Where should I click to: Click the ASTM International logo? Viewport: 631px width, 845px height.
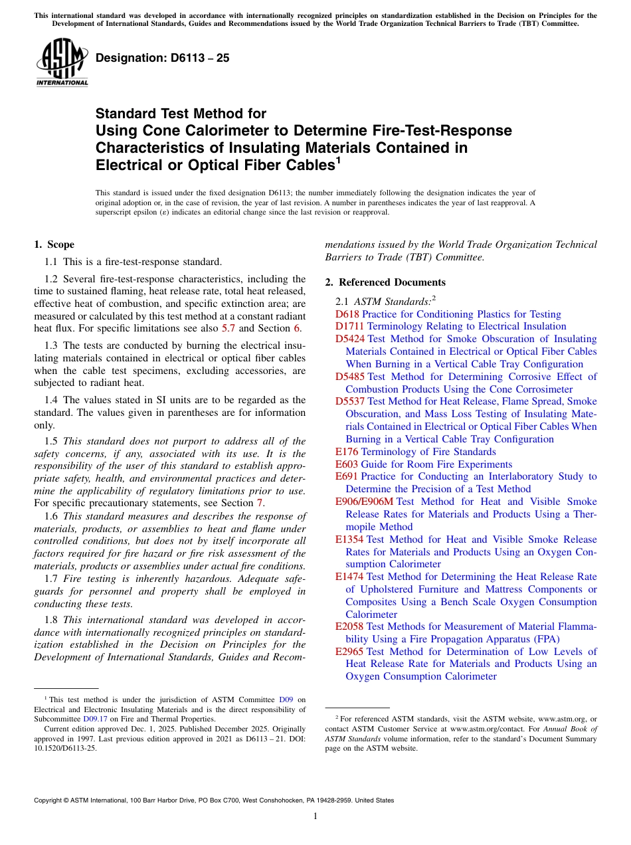point(61,63)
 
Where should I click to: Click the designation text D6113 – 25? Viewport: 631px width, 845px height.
point(163,58)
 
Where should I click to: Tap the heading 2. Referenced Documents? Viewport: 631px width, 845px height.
point(385,282)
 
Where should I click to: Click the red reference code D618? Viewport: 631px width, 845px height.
point(347,314)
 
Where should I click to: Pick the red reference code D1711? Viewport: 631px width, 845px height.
point(350,326)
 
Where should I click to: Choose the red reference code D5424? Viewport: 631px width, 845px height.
point(350,339)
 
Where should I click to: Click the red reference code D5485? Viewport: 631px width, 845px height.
point(350,377)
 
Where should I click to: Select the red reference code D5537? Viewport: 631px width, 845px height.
point(350,401)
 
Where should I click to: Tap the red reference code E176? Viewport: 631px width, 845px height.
point(347,452)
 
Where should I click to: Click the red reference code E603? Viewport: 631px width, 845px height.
point(347,464)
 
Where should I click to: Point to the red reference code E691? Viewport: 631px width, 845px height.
point(347,476)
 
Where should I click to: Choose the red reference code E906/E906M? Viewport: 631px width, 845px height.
point(364,502)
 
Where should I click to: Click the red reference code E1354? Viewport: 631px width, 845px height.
point(349,539)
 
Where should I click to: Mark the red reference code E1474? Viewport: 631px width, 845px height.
point(349,577)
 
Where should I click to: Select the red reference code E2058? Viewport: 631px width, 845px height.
point(349,626)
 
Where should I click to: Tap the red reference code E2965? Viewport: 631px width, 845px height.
point(349,652)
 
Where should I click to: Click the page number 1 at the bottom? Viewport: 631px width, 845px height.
point(315,816)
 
